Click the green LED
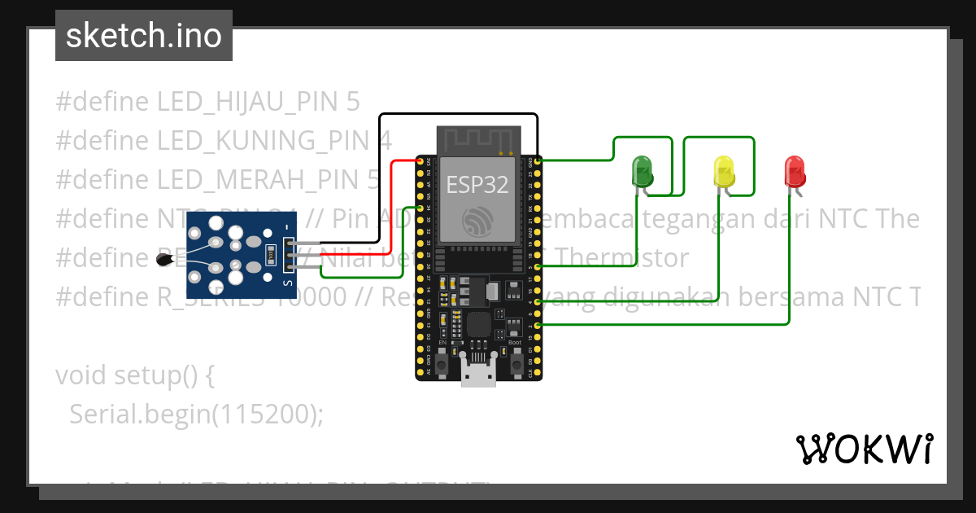pyautogui.click(x=643, y=172)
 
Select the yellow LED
pyautogui.click(x=723, y=172)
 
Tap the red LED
pyautogui.click(x=794, y=171)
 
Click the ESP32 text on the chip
pyautogui.click(x=477, y=185)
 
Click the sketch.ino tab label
pyautogui.click(x=144, y=36)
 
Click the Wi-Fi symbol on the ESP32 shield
pyautogui.click(x=477, y=221)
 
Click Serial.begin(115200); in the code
pyautogui.click(x=196, y=414)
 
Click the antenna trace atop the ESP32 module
pyautogui.click(x=477, y=139)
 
